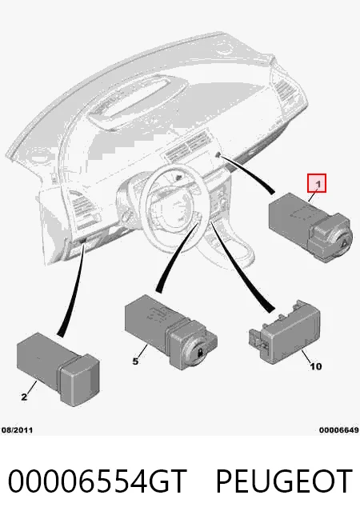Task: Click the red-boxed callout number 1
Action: pos(317,183)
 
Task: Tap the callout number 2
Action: pos(24,397)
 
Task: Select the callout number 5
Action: pos(135,361)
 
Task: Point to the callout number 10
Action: pos(316,366)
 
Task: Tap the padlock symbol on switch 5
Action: pos(200,352)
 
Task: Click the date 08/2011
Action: pos(17,430)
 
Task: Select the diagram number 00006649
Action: pos(339,430)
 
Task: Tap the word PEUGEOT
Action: pos(284,481)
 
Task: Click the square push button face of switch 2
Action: pos(80,381)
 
